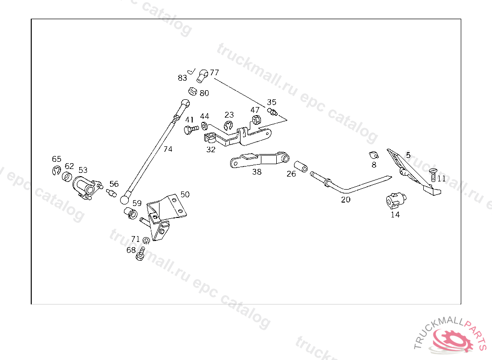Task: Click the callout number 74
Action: click(x=168, y=149)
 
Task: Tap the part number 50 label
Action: click(x=185, y=194)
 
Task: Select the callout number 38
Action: click(x=257, y=171)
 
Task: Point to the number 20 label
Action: click(x=346, y=200)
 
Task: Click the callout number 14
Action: click(x=395, y=215)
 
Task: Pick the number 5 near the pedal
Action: click(x=408, y=155)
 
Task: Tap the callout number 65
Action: click(x=57, y=159)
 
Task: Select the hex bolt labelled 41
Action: click(x=191, y=130)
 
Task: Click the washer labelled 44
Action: click(x=205, y=126)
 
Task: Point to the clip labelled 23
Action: click(x=228, y=126)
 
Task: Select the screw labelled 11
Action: click(x=432, y=175)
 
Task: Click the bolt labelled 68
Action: click(x=141, y=254)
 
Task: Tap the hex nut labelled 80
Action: click(x=192, y=91)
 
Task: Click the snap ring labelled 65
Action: click(x=56, y=170)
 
